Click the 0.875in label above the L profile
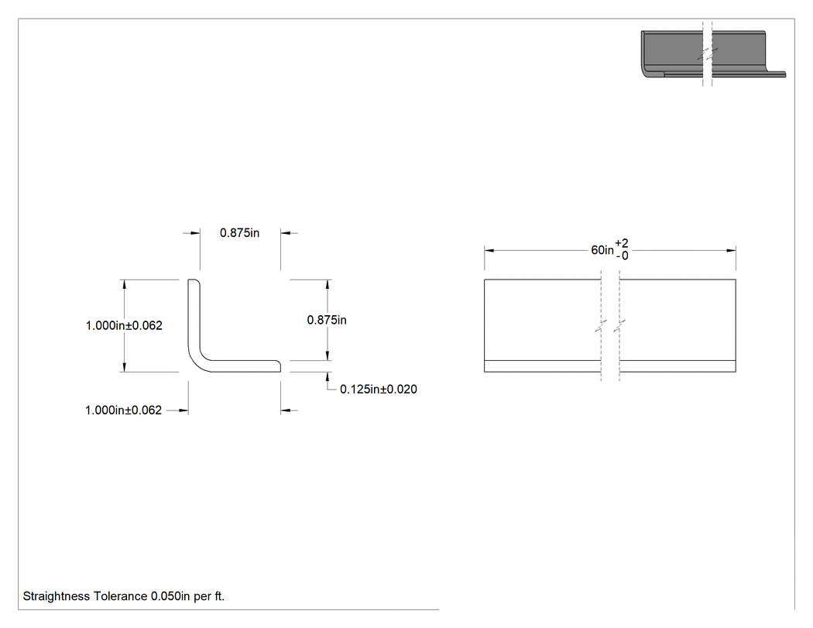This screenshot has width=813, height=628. pyautogui.click(x=239, y=233)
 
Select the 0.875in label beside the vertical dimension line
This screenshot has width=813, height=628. pyautogui.click(x=327, y=320)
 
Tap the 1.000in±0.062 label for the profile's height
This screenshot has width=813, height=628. pyautogui.click(x=124, y=326)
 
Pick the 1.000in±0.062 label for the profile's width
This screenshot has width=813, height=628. pyautogui.click(x=123, y=410)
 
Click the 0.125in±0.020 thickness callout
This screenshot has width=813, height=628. pyautogui.click(x=379, y=389)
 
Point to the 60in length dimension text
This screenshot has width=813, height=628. pyautogui.click(x=602, y=250)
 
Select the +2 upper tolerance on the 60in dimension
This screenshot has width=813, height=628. pyautogui.click(x=622, y=243)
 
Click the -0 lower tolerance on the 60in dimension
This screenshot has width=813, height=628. pyautogui.click(x=623, y=256)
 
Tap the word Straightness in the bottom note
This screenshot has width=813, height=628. pyautogui.click(x=57, y=596)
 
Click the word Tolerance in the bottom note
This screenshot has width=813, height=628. pyautogui.click(x=121, y=596)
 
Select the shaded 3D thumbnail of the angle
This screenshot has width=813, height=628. pyautogui.click(x=713, y=54)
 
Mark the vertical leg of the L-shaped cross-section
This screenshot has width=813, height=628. pyautogui.click(x=194, y=317)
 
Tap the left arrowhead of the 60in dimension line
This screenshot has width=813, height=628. pyautogui.click(x=489, y=250)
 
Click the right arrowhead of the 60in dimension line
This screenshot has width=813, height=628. pyautogui.click(x=731, y=250)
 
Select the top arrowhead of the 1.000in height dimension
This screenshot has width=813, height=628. pyautogui.click(x=124, y=284)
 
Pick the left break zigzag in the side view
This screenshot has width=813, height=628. pyautogui.click(x=601, y=326)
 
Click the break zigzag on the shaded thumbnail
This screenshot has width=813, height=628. pyautogui.click(x=707, y=53)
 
